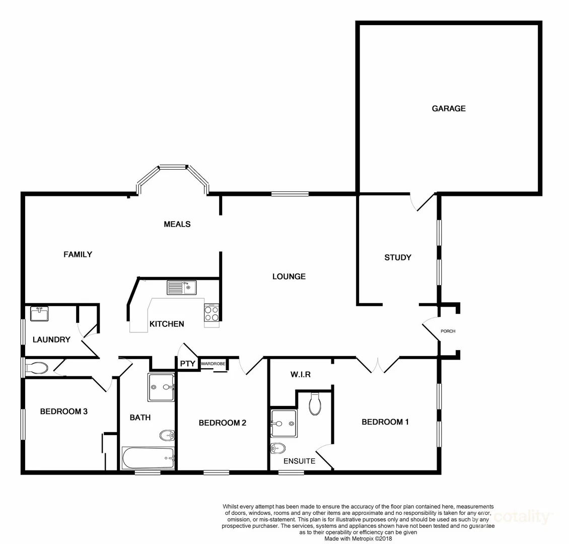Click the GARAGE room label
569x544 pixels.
(448, 108)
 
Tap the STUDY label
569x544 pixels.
(397, 257)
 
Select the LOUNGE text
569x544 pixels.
(289, 276)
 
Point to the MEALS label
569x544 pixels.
(177, 224)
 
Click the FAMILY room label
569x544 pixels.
(78, 254)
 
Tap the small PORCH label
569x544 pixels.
(448, 331)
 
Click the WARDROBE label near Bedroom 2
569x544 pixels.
(214, 363)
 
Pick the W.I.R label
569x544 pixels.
(300, 375)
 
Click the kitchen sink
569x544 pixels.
(182, 288)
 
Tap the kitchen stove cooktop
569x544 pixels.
(212, 314)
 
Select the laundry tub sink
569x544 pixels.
(39, 314)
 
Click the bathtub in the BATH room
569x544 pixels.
(148, 458)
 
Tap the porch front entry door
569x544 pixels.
(431, 330)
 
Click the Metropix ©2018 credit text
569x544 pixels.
(358, 538)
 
